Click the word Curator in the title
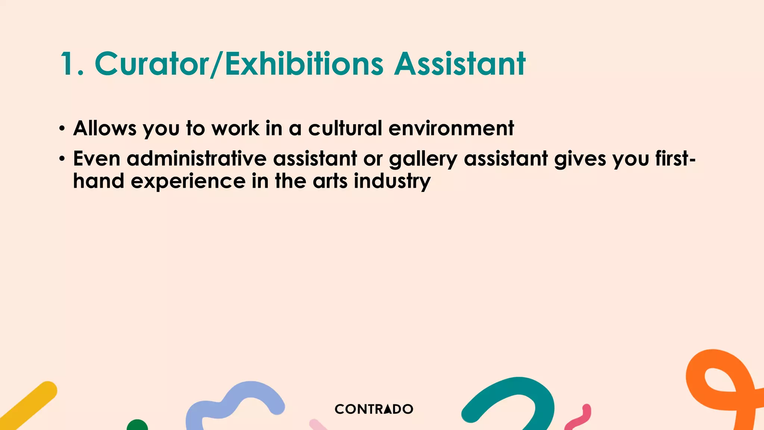click(151, 64)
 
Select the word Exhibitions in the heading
click(304, 64)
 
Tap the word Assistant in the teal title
click(460, 64)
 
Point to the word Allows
click(105, 128)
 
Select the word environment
click(451, 128)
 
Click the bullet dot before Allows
click(62, 129)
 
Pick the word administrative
click(196, 159)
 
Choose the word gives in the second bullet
click(580, 159)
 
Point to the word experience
click(188, 182)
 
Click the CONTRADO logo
click(374, 409)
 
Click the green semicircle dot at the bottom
click(137, 426)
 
